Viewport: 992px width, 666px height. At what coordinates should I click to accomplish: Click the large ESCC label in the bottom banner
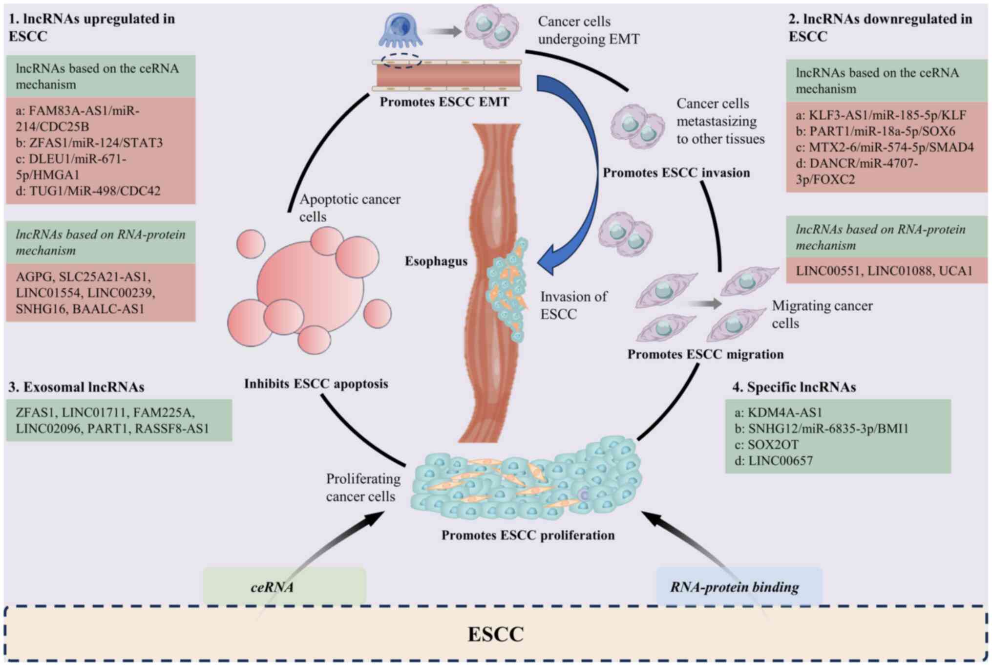(x=495, y=634)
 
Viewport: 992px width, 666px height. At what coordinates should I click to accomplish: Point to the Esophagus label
(x=436, y=261)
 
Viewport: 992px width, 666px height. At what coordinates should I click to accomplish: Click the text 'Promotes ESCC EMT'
(x=444, y=102)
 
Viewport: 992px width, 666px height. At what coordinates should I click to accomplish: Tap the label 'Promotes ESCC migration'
(x=705, y=354)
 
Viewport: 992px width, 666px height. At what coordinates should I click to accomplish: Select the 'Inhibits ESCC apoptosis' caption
(x=316, y=384)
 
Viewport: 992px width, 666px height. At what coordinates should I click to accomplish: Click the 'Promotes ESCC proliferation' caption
(x=528, y=536)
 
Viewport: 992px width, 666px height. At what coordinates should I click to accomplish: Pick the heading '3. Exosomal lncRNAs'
(x=76, y=387)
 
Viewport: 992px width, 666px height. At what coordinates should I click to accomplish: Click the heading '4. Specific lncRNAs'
(x=794, y=387)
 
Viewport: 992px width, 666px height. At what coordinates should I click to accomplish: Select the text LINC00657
(x=780, y=461)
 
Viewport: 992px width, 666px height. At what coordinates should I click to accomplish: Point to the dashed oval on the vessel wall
(x=401, y=61)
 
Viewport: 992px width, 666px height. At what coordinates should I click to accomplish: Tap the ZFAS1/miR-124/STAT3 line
(x=89, y=143)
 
